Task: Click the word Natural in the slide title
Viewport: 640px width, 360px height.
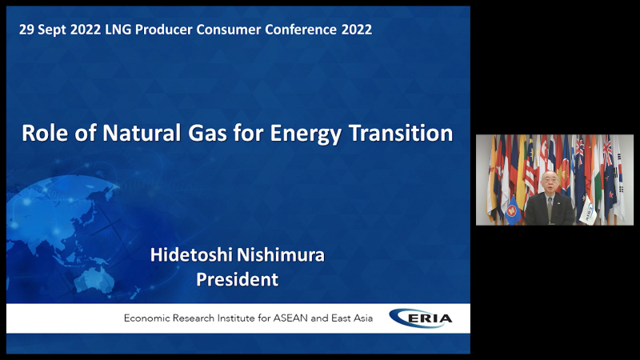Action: click(142, 133)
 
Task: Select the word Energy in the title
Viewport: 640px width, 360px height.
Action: click(306, 134)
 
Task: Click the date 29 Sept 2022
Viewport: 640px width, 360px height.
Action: click(60, 30)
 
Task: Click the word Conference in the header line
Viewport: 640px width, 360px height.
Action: click(301, 30)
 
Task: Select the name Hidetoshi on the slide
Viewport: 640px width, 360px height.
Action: click(191, 254)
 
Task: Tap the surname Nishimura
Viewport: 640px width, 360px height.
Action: click(281, 254)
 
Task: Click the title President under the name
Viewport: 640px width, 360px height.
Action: click(237, 279)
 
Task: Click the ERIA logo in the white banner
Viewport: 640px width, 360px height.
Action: click(421, 318)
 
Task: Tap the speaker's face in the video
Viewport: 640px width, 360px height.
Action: click(550, 183)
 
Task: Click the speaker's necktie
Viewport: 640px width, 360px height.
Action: click(550, 210)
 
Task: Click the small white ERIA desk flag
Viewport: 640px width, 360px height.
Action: click(588, 210)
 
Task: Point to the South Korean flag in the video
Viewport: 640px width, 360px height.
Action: click(619, 179)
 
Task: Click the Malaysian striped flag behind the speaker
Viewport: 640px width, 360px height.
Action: click(530, 171)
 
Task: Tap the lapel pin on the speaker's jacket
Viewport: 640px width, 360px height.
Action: click(559, 201)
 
